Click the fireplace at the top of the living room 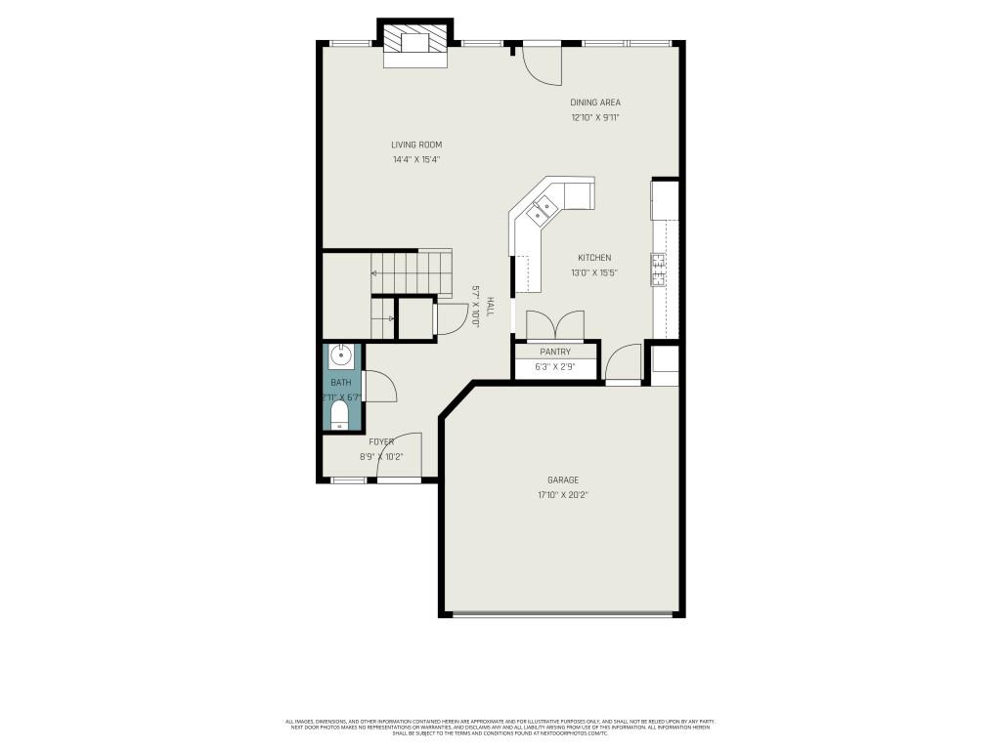(415, 43)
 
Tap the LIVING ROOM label (416, 145)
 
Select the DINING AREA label (595, 102)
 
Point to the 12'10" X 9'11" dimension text (595, 117)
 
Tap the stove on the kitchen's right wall (659, 269)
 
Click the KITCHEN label (594, 258)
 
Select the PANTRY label (555, 352)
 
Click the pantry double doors (555, 325)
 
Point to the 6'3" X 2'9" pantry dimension (555, 367)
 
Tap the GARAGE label (563, 479)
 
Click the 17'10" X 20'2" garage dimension (563, 495)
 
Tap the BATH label (340, 383)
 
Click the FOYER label (381, 442)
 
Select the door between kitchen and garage (623, 364)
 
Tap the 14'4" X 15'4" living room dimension (416, 159)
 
